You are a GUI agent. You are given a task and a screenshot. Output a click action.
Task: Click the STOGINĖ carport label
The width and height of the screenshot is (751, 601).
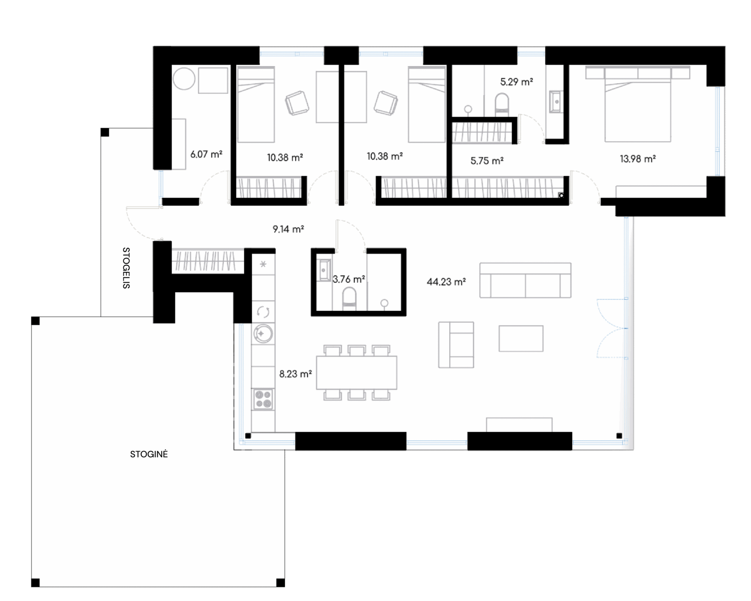coord(149,454)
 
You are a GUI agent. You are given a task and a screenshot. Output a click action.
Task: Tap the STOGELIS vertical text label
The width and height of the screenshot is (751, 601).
coord(126,268)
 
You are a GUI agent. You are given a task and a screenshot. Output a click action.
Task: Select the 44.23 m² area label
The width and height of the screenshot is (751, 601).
coord(446,281)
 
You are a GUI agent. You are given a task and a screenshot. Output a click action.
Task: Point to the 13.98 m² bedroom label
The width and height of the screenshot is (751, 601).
coord(637,159)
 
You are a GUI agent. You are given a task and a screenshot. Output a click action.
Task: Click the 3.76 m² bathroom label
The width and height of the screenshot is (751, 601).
coord(349,279)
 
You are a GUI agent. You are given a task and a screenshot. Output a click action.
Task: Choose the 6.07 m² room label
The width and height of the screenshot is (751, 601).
coord(206,154)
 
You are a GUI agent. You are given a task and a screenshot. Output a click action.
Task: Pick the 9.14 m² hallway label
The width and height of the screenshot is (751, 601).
coord(288,229)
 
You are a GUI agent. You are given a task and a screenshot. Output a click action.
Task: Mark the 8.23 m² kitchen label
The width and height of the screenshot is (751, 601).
coord(295,374)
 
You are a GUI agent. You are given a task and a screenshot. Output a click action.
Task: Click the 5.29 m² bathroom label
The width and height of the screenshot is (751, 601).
coord(516,82)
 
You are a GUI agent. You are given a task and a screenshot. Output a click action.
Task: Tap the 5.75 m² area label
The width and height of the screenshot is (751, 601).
coord(487,161)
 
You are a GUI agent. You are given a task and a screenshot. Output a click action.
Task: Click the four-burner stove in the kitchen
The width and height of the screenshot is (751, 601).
coord(263,399)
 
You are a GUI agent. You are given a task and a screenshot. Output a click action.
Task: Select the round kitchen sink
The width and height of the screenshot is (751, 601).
coord(263,333)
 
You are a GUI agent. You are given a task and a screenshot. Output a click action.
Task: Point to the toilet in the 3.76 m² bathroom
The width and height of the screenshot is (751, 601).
coord(349,299)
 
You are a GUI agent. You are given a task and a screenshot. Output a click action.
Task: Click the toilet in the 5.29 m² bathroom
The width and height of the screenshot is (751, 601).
coord(501,104)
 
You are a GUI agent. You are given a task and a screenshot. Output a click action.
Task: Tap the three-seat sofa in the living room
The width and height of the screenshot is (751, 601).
coord(525,280)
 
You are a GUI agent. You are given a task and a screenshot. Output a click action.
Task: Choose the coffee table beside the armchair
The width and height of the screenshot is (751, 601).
coord(521,339)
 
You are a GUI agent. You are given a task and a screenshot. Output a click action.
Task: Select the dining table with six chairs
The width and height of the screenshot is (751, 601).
coord(357,373)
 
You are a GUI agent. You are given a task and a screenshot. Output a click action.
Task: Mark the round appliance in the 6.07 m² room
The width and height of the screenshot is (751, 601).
coord(184,78)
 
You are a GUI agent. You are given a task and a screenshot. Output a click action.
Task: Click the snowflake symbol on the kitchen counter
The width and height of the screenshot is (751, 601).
coord(263,264)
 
